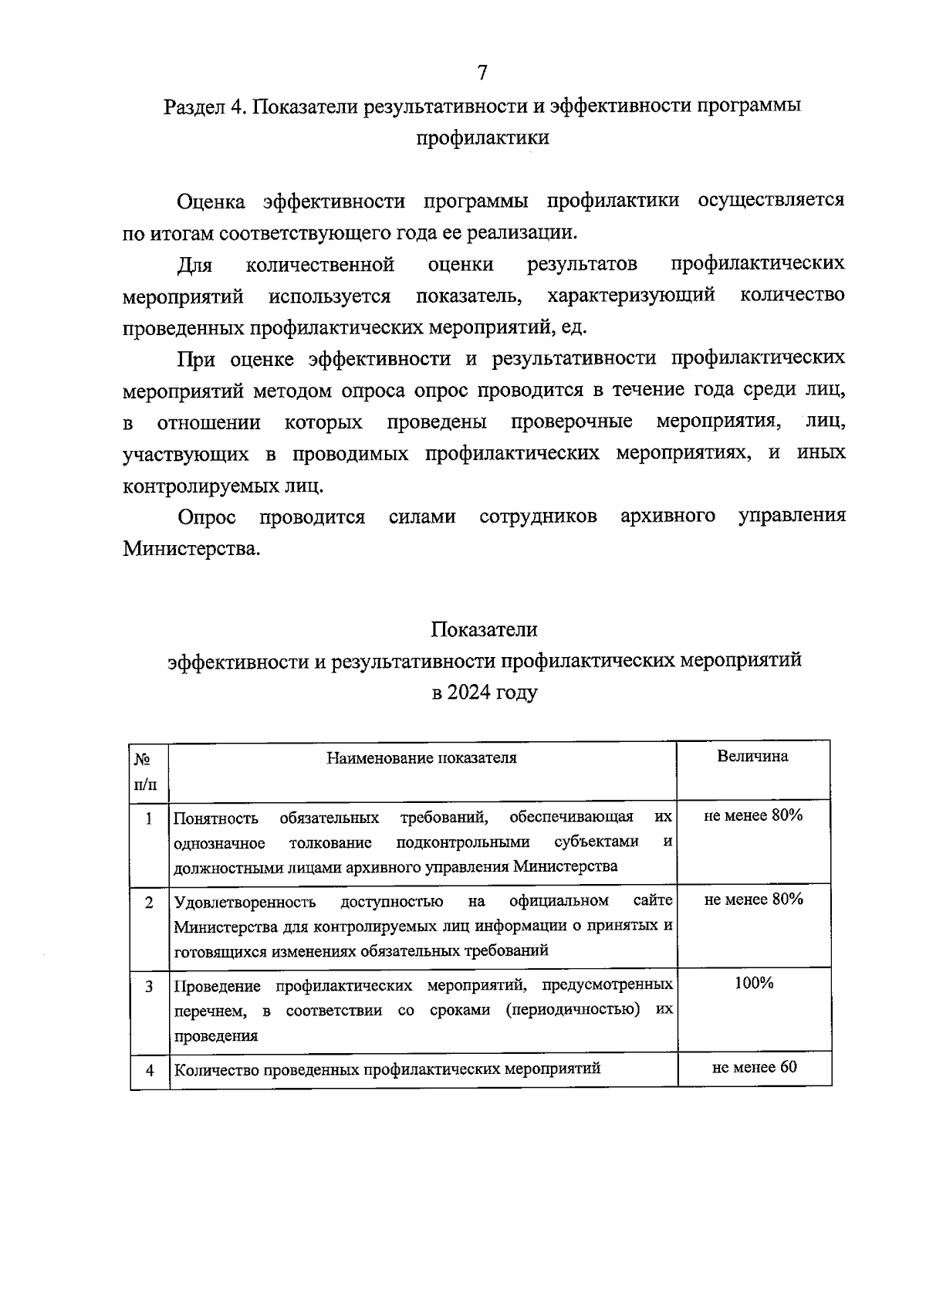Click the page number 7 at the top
482,73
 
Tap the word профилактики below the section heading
482,138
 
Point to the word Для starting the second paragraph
194,265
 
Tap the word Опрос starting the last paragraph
206,517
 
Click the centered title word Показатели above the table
484,629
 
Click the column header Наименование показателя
421,757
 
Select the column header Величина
752,757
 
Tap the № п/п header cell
149,771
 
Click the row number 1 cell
149,817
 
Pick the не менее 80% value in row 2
753,899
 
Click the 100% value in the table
753,983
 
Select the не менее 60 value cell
754,1067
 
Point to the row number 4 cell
150,1070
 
